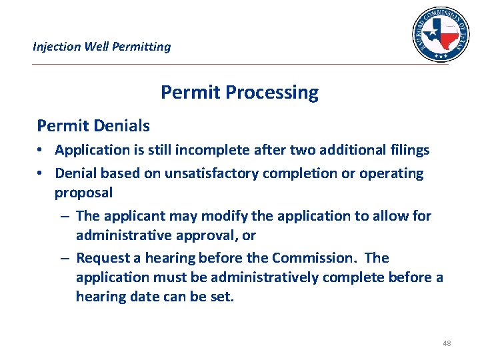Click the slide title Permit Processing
point(239,93)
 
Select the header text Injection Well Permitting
point(101,47)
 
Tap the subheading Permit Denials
point(93,125)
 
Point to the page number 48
point(446,343)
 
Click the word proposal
point(83,193)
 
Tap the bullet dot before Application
point(41,151)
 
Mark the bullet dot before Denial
point(41,174)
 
